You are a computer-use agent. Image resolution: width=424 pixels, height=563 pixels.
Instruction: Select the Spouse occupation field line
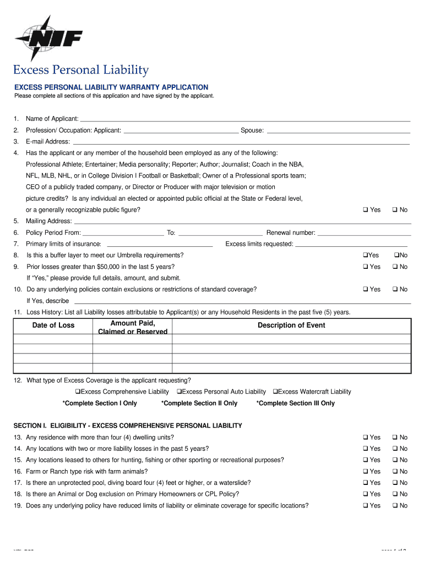pos(338,131)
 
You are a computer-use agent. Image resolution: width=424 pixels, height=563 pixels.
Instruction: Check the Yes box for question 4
pos(365,210)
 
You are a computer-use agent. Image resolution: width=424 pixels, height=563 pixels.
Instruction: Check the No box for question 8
pos(395,255)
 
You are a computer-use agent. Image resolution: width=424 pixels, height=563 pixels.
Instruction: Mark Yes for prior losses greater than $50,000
pos(365,267)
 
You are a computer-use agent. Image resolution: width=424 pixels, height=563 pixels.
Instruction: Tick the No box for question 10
pos(395,289)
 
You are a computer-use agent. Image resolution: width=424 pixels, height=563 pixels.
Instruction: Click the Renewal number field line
pos(364,233)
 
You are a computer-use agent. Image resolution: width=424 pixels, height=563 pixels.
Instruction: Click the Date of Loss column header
pos(53,325)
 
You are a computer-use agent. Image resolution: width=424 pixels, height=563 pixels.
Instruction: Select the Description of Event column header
pos(291,325)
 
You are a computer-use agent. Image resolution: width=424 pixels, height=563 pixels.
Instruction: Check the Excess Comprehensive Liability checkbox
pos(78,392)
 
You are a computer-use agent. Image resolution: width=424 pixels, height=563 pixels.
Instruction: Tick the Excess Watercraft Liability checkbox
pos(275,392)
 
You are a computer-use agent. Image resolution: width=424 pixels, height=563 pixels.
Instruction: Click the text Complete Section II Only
pos(199,404)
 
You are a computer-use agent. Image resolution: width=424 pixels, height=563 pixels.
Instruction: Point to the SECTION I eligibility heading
pos(128,426)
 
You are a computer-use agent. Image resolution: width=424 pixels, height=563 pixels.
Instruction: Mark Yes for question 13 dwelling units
pos(365,438)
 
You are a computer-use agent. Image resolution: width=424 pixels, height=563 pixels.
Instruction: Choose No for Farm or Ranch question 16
pos(395,472)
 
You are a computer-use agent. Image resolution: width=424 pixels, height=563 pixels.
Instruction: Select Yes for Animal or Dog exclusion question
pos(365,494)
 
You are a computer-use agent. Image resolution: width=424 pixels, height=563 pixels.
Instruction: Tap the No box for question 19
pos(395,506)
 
